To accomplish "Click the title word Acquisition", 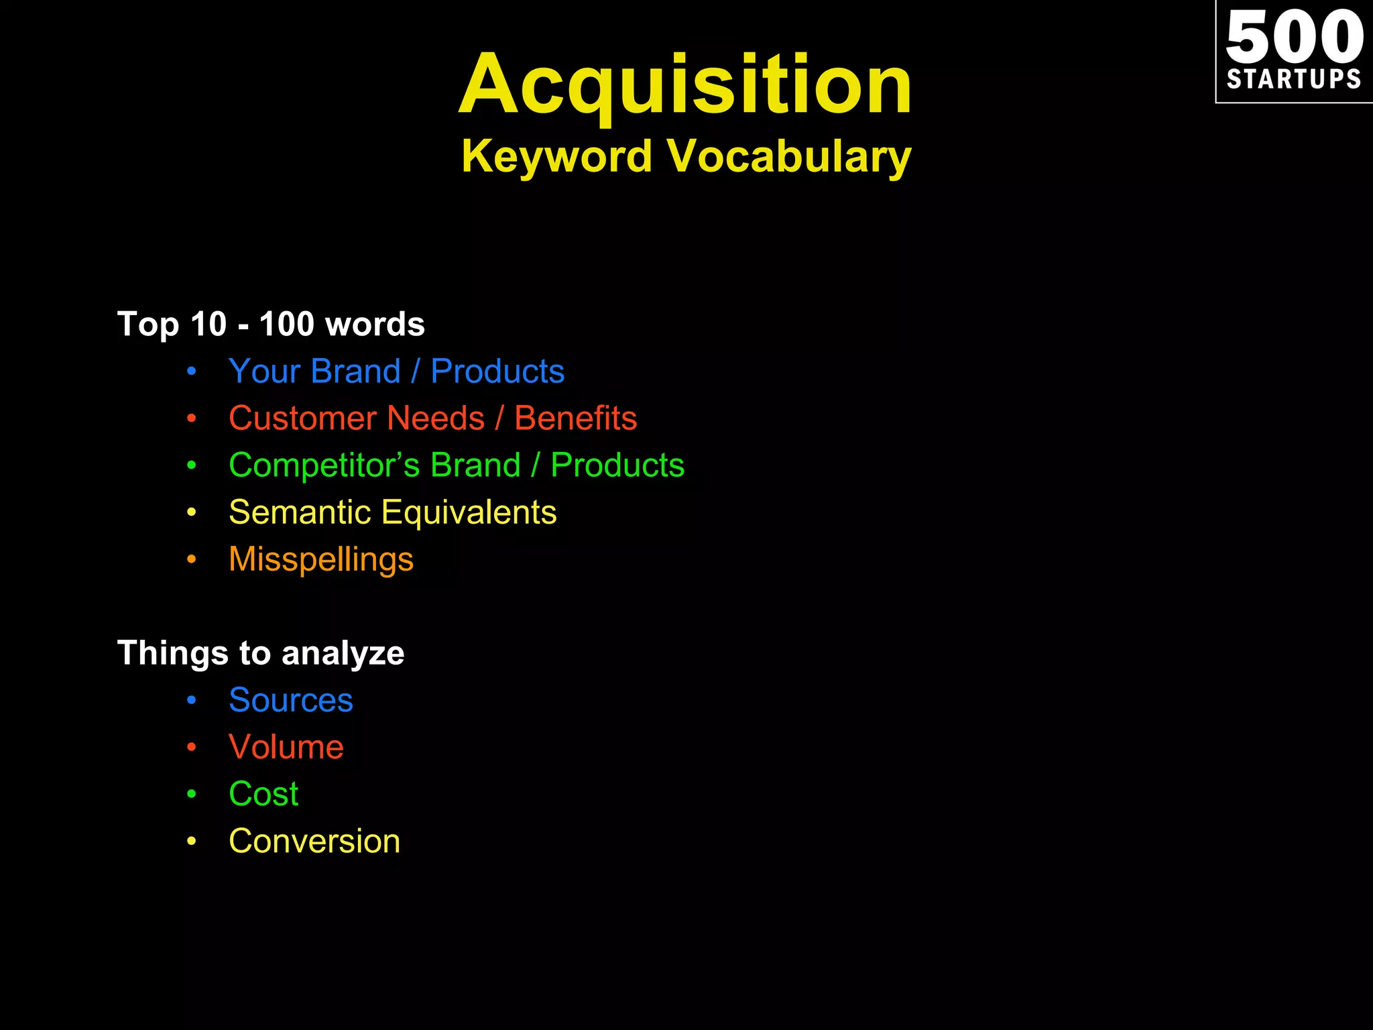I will pyautogui.click(x=685, y=85).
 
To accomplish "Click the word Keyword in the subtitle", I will pyautogui.click(x=556, y=156).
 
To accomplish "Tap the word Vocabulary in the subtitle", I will pyautogui.click(x=789, y=156).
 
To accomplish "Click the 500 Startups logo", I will pyautogui.click(x=1294, y=51).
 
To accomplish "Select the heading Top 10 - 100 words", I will pyautogui.click(x=271, y=324).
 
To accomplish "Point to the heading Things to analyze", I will pyautogui.click(x=261, y=653).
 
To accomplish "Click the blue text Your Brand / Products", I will pyautogui.click(x=396, y=371).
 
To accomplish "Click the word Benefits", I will pyautogui.click(x=575, y=418).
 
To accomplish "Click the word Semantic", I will pyautogui.click(x=300, y=512).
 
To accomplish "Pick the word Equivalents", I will pyautogui.click(x=469, y=512).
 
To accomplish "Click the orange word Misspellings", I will pyautogui.click(x=321, y=559).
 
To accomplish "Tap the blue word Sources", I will pyautogui.click(x=290, y=700).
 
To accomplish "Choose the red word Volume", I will pyautogui.click(x=286, y=747).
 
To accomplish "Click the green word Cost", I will pyautogui.click(x=263, y=794).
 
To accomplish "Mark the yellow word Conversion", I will pyautogui.click(x=314, y=841).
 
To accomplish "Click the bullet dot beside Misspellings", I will pyautogui.click(x=192, y=559).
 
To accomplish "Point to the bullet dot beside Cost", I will pyautogui.click(x=192, y=794).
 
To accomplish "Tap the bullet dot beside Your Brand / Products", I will pyautogui.click(x=192, y=371).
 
